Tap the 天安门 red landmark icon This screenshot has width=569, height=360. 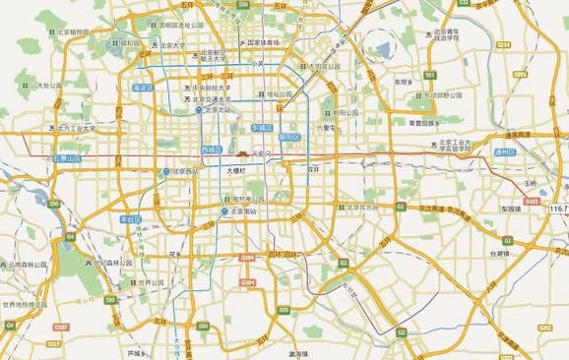click(243, 153)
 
